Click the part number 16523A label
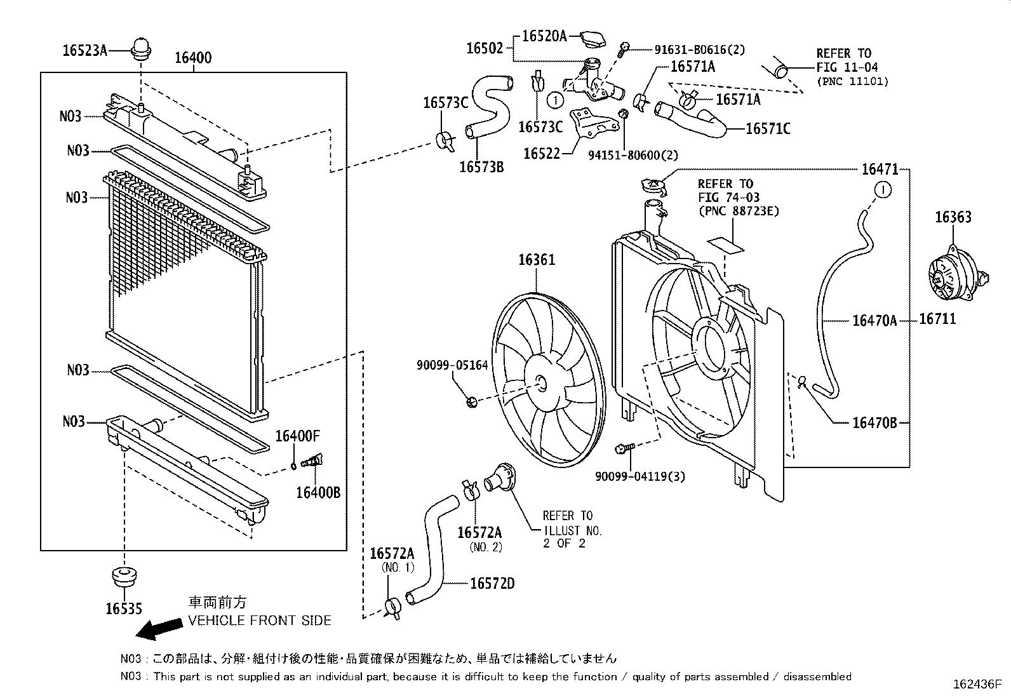[x=85, y=50]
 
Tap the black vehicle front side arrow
[x=159, y=628]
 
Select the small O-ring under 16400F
[x=293, y=466]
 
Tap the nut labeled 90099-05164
[x=471, y=401]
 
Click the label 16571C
[x=767, y=129]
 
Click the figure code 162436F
[x=976, y=685]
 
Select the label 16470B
[x=874, y=422]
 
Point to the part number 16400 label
[x=193, y=58]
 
